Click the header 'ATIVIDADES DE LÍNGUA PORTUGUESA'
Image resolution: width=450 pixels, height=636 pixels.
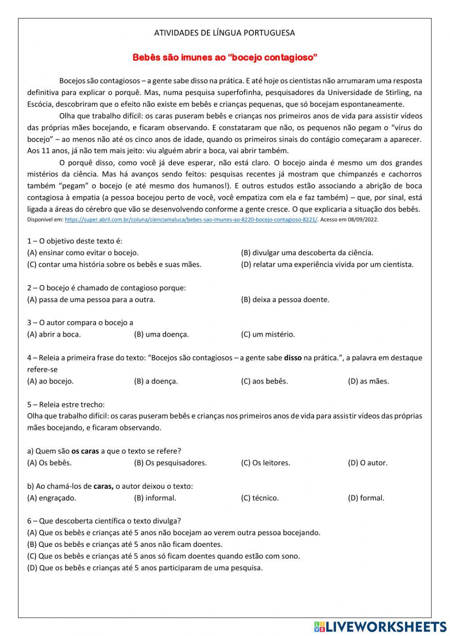pyautogui.click(x=225, y=33)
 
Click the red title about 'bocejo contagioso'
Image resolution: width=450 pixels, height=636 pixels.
pyautogui.click(x=225, y=57)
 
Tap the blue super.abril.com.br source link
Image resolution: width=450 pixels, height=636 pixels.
pyautogui.click(x=191, y=220)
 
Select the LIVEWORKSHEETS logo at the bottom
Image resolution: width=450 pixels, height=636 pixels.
pyautogui.click(x=380, y=626)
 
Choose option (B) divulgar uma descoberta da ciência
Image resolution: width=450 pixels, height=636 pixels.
pyautogui.click(x=307, y=253)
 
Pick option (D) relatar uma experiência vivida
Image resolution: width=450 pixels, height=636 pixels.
pyautogui.click(x=327, y=264)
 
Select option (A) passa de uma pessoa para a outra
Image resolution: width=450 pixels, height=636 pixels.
pyautogui.click(x=91, y=299)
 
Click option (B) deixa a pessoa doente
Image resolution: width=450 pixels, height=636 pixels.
pyautogui.click(x=285, y=299)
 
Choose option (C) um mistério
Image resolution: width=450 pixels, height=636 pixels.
pyautogui.click(x=268, y=334)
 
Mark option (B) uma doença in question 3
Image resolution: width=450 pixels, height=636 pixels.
pyautogui.click(x=161, y=334)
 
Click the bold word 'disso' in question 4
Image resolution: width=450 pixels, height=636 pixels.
pyautogui.click(x=292, y=358)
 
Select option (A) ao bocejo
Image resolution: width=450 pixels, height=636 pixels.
pyautogui.click(x=50, y=381)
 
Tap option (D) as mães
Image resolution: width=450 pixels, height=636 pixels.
pyautogui.click(x=368, y=381)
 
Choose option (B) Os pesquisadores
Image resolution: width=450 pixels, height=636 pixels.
pyautogui.click(x=170, y=463)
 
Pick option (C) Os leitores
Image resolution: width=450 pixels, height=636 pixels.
pyautogui.click(x=265, y=463)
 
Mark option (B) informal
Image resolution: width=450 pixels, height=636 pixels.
pyautogui.click(x=155, y=498)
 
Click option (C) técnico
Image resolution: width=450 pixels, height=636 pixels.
pyautogui.click(x=260, y=498)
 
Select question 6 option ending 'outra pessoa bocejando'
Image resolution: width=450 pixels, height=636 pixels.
pyautogui.click(x=174, y=532)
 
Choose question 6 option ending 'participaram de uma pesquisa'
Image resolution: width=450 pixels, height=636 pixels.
pyautogui.click(x=145, y=568)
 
